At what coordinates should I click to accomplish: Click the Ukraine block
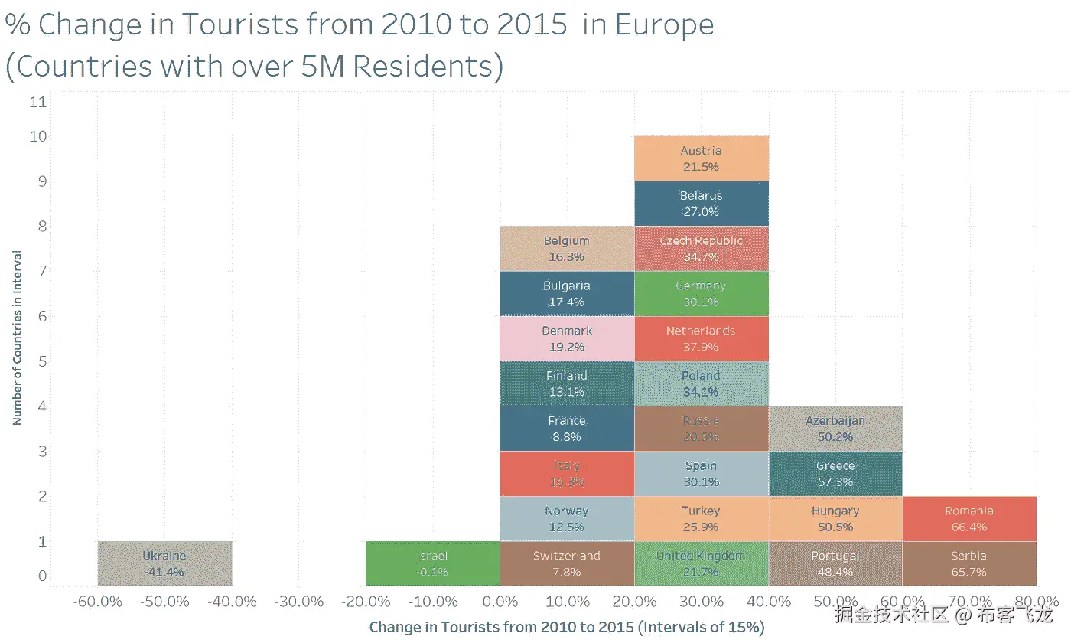click(164, 563)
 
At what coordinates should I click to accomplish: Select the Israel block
click(432, 563)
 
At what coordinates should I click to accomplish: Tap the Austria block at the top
click(701, 158)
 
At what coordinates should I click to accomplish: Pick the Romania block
click(969, 518)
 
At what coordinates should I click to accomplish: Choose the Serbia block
click(969, 563)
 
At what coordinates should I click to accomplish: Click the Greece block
click(835, 473)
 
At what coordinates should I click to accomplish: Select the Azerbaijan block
click(835, 429)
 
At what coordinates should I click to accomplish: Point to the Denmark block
click(567, 338)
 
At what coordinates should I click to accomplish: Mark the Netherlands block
click(701, 338)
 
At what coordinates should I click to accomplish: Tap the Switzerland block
click(567, 563)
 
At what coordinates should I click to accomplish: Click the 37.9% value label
click(701, 347)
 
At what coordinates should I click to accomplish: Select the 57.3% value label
click(835, 482)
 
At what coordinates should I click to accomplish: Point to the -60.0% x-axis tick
click(98, 602)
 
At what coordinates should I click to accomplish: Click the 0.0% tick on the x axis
click(500, 602)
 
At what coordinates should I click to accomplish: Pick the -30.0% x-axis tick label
click(299, 602)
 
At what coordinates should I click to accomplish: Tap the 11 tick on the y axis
click(38, 102)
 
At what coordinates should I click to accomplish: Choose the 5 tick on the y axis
click(38, 361)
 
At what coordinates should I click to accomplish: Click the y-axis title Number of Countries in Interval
click(17, 338)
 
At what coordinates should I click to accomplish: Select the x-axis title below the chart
click(567, 628)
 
